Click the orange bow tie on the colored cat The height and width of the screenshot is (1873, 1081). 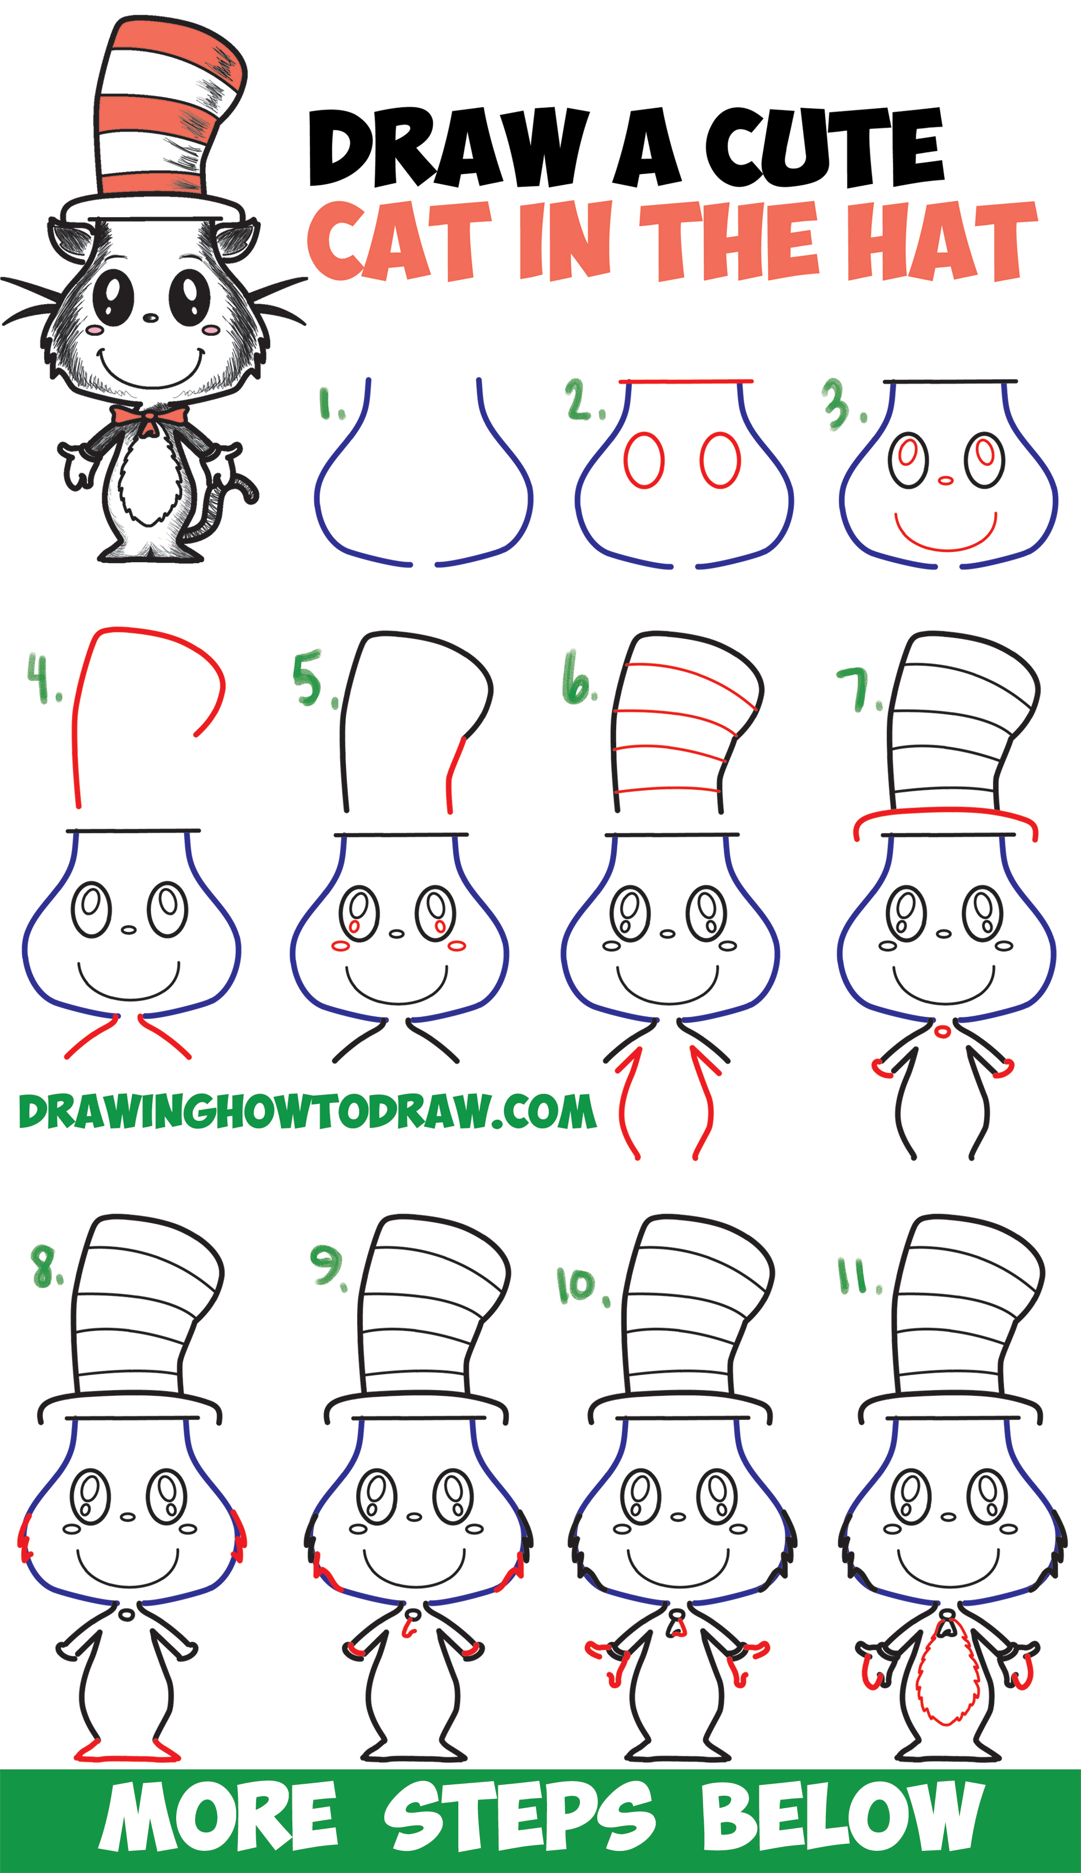pyautogui.click(x=149, y=419)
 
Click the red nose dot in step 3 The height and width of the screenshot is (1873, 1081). pyautogui.click(x=945, y=481)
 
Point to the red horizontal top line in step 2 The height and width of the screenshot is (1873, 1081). pyautogui.click(x=686, y=382)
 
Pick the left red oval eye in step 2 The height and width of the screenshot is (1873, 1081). pyautogui.click(x=643, y=460)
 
